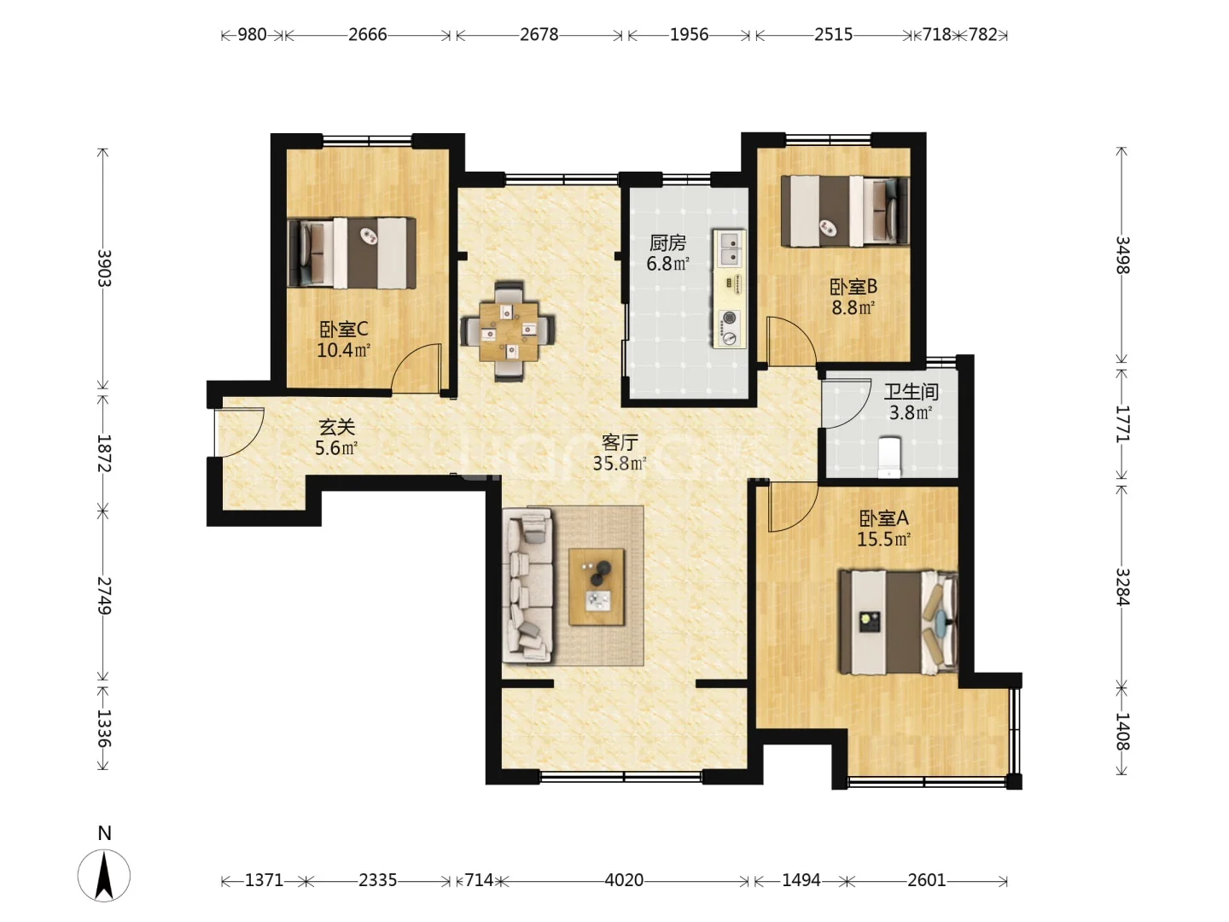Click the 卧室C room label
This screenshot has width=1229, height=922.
coord(344,330)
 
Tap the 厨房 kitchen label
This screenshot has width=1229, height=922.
coord(667,243)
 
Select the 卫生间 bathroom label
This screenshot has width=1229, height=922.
coord(911,392)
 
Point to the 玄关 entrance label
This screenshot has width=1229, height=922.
coord(336,428)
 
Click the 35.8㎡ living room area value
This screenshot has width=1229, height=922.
coord(620,464)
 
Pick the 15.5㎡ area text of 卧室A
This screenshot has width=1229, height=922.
coord(883,539)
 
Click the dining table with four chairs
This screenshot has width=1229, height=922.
coord(509,331)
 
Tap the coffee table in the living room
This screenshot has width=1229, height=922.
coord(597,586)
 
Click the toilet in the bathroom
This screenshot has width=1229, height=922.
coord(889,458)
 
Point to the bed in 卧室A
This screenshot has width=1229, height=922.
coord(898,622)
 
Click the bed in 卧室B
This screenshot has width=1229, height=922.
coord(844,211)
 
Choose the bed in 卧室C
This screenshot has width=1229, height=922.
coord(352,253)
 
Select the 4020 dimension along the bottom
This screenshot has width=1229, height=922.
coord(624,880)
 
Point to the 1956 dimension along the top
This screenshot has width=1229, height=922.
coord(690,35)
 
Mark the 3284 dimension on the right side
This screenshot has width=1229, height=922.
coord(1122,587)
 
